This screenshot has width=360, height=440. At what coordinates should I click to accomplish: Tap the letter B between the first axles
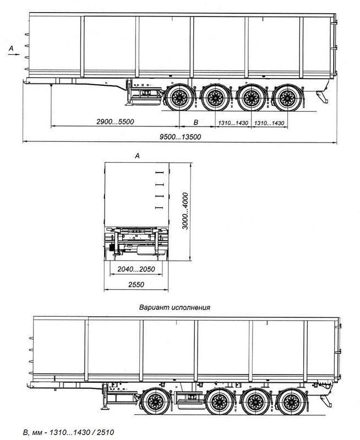(195, 121)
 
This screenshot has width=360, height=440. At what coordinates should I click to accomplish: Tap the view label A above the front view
(137, 156)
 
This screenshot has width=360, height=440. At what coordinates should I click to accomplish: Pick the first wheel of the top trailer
(179, 100)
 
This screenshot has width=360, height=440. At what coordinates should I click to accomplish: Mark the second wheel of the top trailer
(215, 100)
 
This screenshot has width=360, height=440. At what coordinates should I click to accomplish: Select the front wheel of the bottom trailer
(154, 404)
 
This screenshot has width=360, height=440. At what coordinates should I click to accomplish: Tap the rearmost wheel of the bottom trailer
(290, 404)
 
